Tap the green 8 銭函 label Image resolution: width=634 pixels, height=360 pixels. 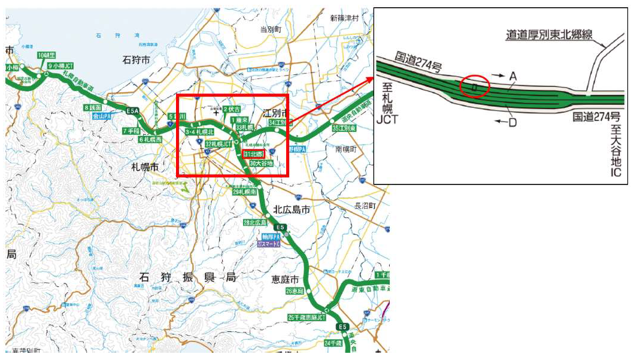pos(93,107)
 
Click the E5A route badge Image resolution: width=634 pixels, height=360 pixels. pos(132,111)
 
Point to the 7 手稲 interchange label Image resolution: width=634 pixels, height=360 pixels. pos(131,131)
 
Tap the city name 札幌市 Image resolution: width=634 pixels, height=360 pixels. pos(144,167)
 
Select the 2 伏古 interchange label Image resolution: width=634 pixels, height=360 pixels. pos(232,110)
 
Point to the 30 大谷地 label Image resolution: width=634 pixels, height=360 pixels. pos(261,163)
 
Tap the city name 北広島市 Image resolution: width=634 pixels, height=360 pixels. pos(291,210)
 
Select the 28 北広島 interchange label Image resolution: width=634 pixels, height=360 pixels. pos(254,223)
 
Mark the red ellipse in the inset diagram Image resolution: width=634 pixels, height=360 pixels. pos(475,87)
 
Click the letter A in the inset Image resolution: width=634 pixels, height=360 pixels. pos(512,77)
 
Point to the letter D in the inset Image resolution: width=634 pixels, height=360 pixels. pos(512,123)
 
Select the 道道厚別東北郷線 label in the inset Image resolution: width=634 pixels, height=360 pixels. pos(549,35)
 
